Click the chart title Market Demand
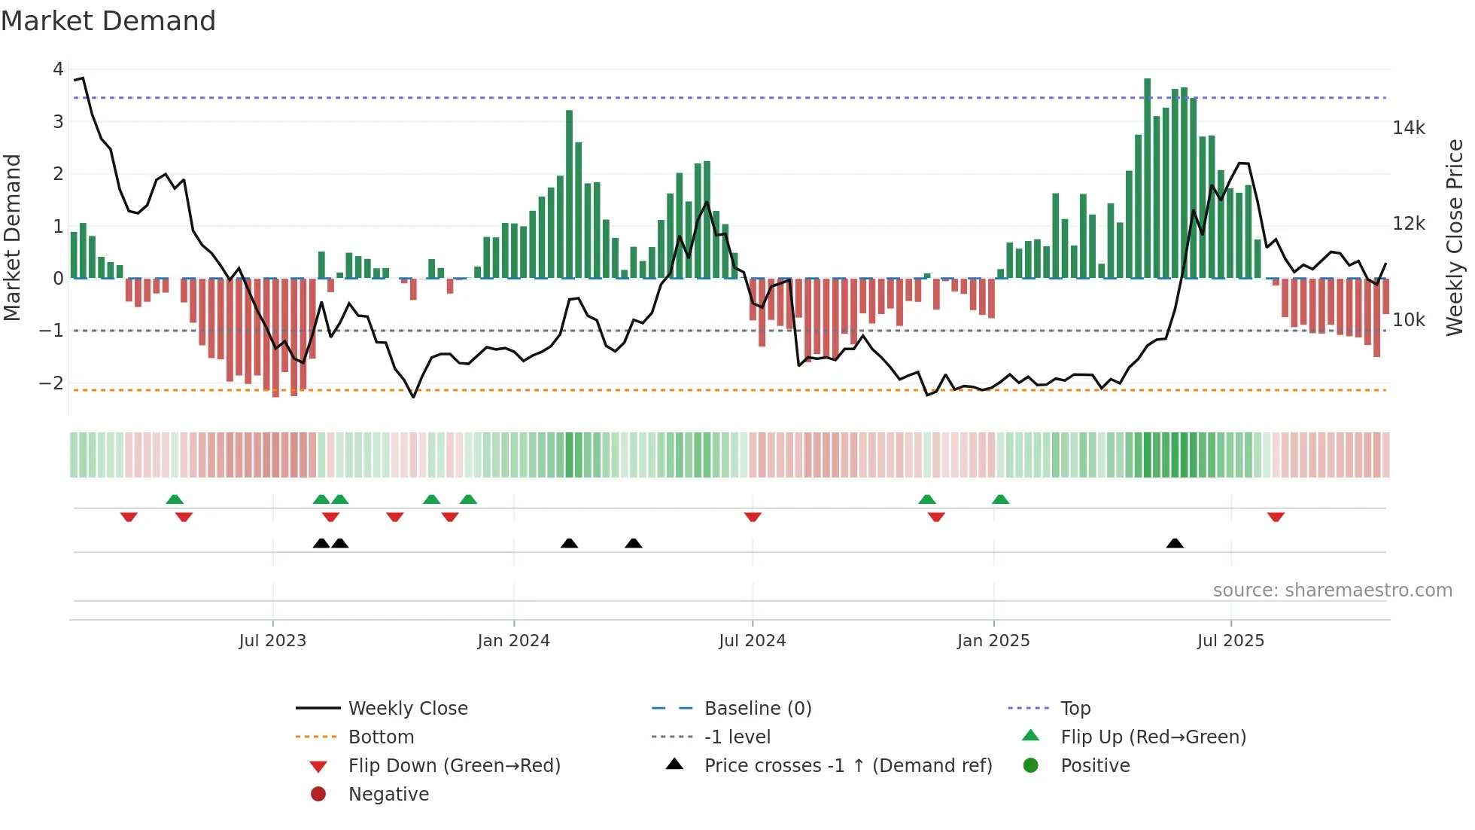pyautogui.click(x=108, y=20)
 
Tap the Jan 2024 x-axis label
pyautogui.click(x=513, y=641)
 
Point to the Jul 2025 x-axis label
pyautogui.click(x=1230, y=641)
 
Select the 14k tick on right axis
pyautogui.click(x=1408, y=128)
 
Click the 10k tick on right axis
pyautogui.click(x=1408, y=320)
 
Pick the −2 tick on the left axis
pyautogui.click(x=51, y=383)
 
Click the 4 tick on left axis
pyautogui.click(x=58, y=69)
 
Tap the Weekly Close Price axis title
pyautogui.click(x=1454, y=237)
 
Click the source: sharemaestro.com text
pyautogui.click(x=1332, y=590)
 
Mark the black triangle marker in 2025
pyautogui.click(x=1175, y=543)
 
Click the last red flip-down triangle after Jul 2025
pyautogui.click(x=1276, y=517)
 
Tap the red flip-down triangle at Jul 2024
pyautogui.click(x=753, y=517)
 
